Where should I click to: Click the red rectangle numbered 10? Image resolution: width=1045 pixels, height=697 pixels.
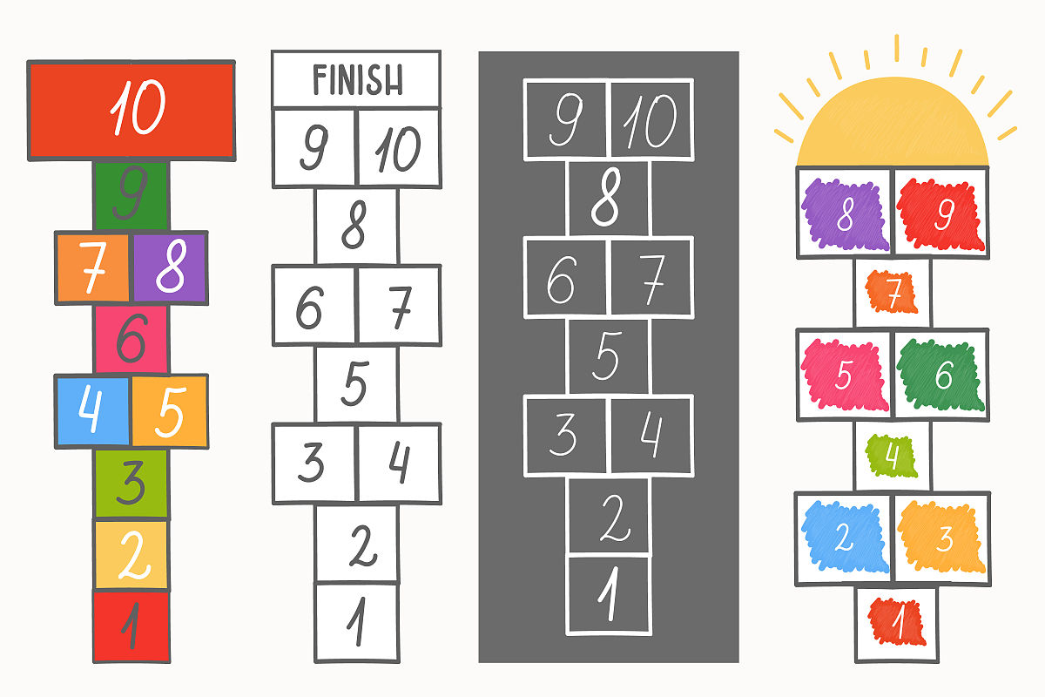pyautogui.click(x=131, y=110)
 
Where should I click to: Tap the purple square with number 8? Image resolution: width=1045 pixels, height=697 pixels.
pyautogui.click(x=170, y=268)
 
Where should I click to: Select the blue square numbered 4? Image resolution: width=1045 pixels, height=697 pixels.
pyautogui.click(x=92, y=411)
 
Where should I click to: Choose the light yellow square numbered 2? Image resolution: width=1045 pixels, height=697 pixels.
pyautogui.click(x=131, y=554)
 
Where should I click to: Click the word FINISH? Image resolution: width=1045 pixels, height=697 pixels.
pyautogui.click(x=357, y=80)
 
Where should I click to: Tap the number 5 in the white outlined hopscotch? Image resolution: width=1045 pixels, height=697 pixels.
pyautogui.click(x=355, y=383)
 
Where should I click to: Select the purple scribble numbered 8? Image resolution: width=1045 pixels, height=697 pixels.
pyautogui.click(x=844, y=215)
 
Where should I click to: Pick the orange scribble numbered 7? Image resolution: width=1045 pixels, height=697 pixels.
pyautogui.click(x=893, y=292)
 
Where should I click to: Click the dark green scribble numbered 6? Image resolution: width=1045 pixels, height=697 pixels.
pyautogui.click(x=941, y=376)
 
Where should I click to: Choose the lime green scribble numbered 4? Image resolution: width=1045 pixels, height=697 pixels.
pyautogui.click(x=893, y=456)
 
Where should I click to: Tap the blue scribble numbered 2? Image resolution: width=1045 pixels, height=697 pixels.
pyautogui.click(x=843, y=538)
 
